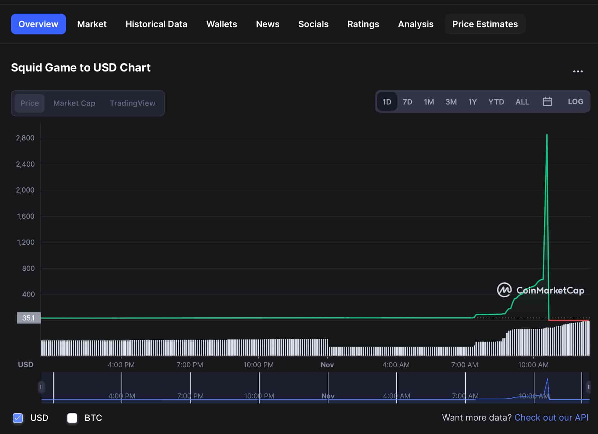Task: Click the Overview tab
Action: [x=38, y=24]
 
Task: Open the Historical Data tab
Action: [x=156, y=24]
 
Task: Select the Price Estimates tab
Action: [x=485, y=24]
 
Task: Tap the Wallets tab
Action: [x=222, y=24]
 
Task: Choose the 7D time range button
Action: [x=407, y=102]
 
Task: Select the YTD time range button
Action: [x=496, y=102]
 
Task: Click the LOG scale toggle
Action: [x=575, y=102]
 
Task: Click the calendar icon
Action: [x=547, y=102]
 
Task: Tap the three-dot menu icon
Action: [x=578, y=71]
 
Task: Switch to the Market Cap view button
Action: [x=74, y=103]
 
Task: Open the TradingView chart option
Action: [x=132, y=103]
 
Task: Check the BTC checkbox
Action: [x=72, y=418]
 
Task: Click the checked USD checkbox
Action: [x=18, y=418]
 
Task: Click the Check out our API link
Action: [x=551, y=417]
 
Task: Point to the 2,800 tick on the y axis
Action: [x=25, y=138]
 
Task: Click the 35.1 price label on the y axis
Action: [x=29, y=318]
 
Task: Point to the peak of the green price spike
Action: [x=547, y=135]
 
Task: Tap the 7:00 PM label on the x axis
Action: [x=190, y=365]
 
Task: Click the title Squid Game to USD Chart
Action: [x=81, y=67]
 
